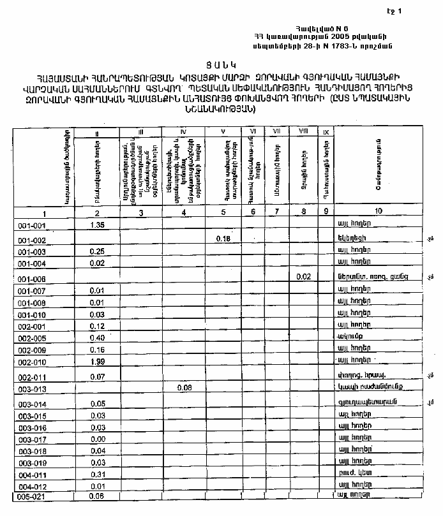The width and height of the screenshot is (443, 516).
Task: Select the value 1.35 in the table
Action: [98, 225]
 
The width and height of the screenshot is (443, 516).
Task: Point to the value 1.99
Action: [98, 362]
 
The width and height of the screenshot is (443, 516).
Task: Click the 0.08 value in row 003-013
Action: [184, 387]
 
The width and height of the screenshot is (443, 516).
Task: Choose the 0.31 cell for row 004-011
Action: [98, 474]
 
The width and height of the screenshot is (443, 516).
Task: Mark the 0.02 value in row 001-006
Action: [303, 276]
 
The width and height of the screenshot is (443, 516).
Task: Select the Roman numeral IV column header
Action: [183, 132]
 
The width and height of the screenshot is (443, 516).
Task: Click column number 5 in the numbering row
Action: [223, 212]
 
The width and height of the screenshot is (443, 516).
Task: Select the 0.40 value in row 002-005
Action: [98, 338]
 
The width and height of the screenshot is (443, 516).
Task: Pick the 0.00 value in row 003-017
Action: [98, 439]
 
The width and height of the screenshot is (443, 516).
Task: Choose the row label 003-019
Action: [31, 463]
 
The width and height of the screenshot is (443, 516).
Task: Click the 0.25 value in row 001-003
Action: [98, 251]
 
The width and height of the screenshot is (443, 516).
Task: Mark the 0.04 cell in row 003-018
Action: [98, 451]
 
